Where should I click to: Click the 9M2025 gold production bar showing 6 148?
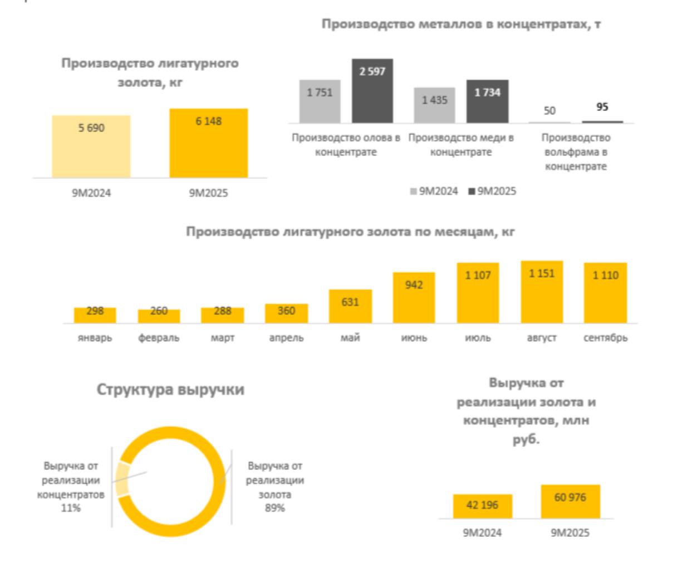(208, 143)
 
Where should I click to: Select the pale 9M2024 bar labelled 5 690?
(91, 147)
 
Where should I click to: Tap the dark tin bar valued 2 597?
(372, 91)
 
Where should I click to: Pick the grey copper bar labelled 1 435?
(434, 105)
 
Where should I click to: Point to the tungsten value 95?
(602, 106)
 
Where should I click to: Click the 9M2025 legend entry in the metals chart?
(493, 191)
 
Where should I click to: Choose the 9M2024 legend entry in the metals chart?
(434, 191)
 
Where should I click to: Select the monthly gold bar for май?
(350, 306)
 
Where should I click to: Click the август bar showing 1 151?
(542, 292)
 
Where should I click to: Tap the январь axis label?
(95, 338)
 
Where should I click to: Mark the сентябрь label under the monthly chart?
(605, 338)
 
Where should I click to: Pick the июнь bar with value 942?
(414, 298)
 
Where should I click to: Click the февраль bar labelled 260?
(159, 316)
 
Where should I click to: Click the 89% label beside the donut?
(274, 508)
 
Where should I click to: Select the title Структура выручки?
(170, 389)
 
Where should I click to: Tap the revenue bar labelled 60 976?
(570, 502)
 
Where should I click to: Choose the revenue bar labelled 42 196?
(482, 506)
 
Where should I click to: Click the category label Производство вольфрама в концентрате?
(576, 152)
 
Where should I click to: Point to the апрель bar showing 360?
(286, 313)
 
